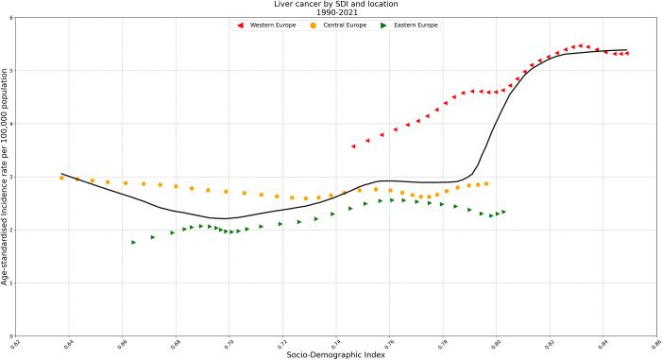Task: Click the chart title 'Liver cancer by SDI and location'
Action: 331,5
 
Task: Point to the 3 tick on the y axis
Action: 10,177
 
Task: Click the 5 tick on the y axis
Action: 10,71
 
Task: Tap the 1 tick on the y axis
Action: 10,283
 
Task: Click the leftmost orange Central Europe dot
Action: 61,178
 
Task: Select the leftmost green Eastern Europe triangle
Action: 133,243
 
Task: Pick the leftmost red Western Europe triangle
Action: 352,146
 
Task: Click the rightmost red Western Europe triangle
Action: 626,54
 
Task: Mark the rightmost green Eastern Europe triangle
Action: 504,212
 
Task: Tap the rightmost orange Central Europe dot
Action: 486,183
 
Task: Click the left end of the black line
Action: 61,174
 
